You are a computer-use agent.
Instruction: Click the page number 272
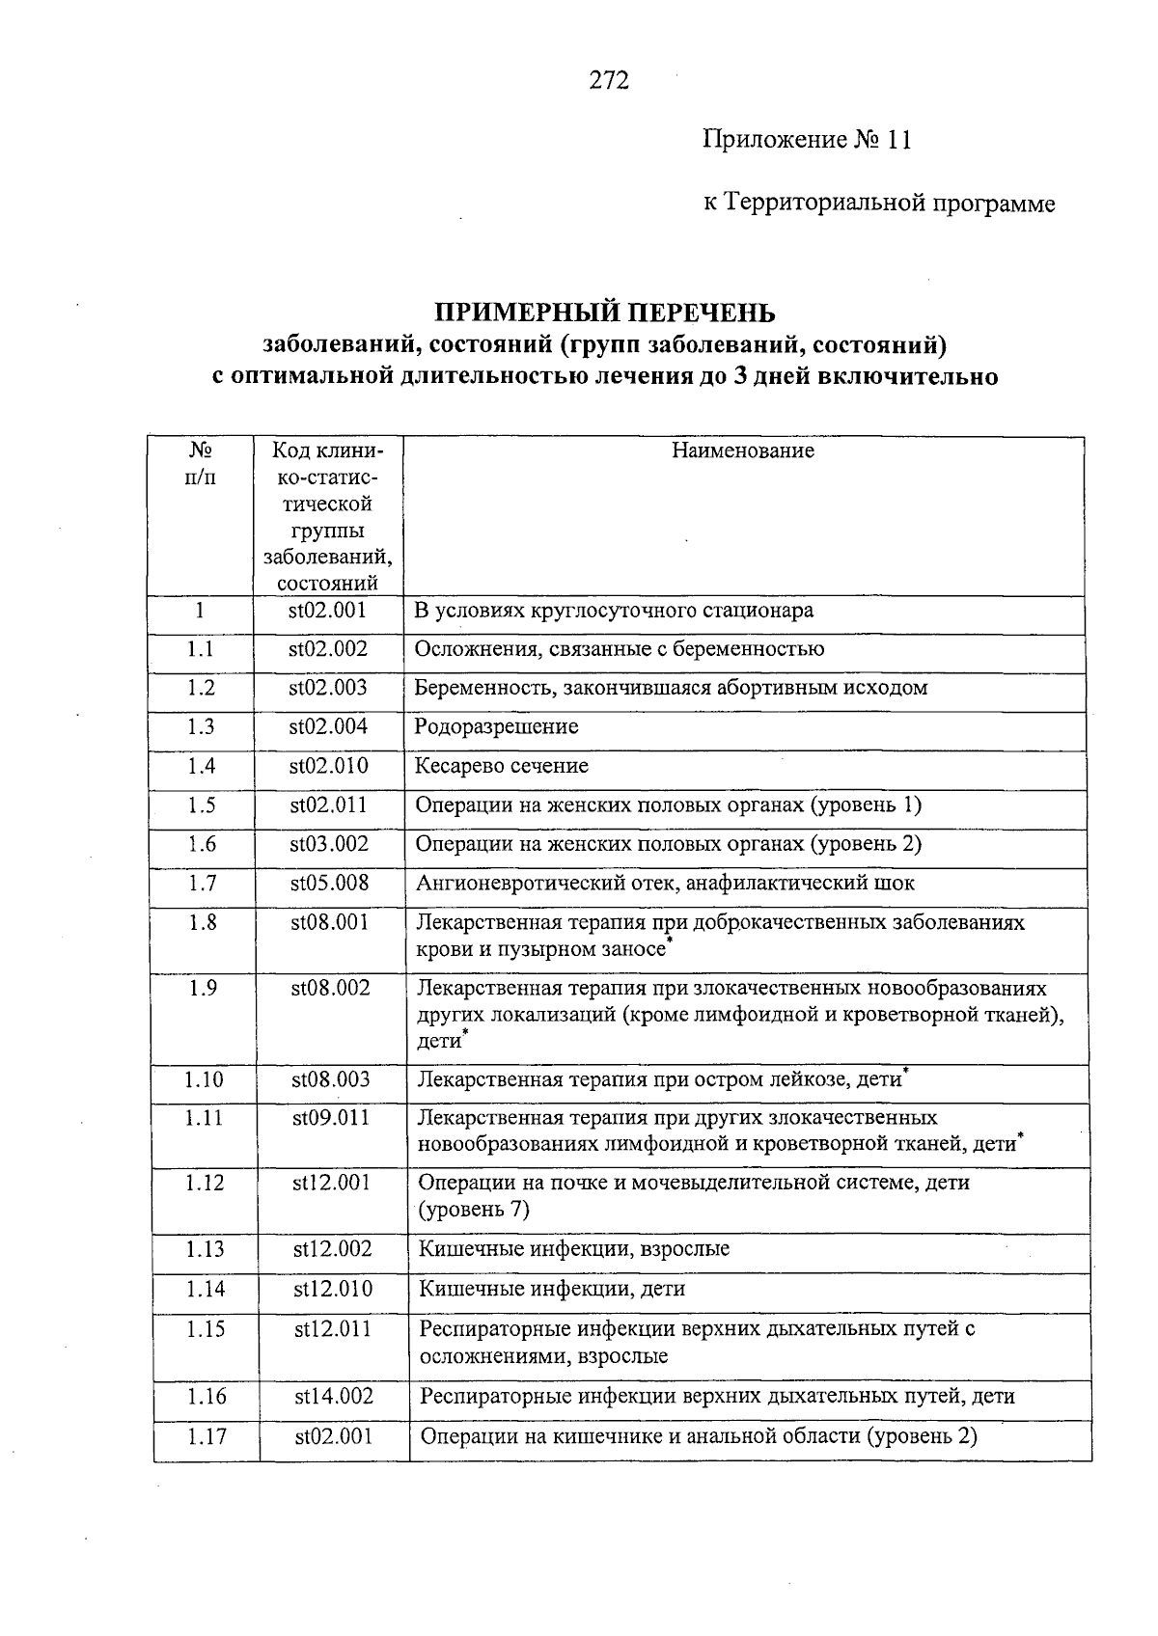point(609,80)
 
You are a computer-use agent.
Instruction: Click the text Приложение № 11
point(807,141)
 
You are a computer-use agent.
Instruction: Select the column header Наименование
point(743,450)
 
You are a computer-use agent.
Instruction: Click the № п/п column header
point(200,463)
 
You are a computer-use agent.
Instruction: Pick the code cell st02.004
point(328,727)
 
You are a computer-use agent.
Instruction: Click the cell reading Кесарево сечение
point(501,767)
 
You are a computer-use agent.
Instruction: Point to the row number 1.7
point(202,884)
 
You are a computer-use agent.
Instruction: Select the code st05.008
point(329,884)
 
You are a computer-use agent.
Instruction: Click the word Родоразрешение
point(496,727)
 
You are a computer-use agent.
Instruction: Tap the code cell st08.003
point(330,1080)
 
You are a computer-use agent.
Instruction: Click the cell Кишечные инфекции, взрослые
point(573,1250)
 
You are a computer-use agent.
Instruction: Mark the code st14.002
point(334,1397)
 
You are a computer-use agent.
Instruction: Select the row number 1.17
point(207,1437)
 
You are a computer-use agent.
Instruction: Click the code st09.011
point(331,1119)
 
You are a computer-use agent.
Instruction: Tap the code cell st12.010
point(333,1290)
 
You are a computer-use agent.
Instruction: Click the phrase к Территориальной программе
point(878,204)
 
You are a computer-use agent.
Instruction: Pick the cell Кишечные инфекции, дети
point(551,1290)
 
